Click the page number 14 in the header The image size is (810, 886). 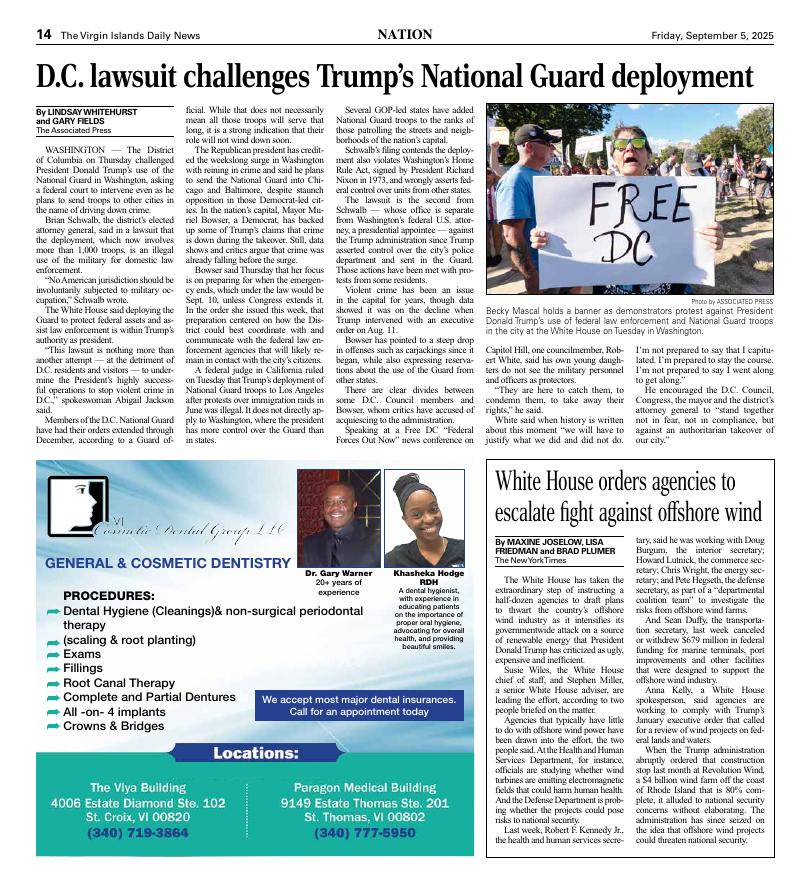pos(44,34)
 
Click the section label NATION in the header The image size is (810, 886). pos(404,34)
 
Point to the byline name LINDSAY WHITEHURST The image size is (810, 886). pos(100,114)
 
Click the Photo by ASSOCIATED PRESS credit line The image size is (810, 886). pos(733,301)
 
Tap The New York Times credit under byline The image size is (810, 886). pos(528,560)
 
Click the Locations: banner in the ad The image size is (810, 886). pos(256,780)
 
